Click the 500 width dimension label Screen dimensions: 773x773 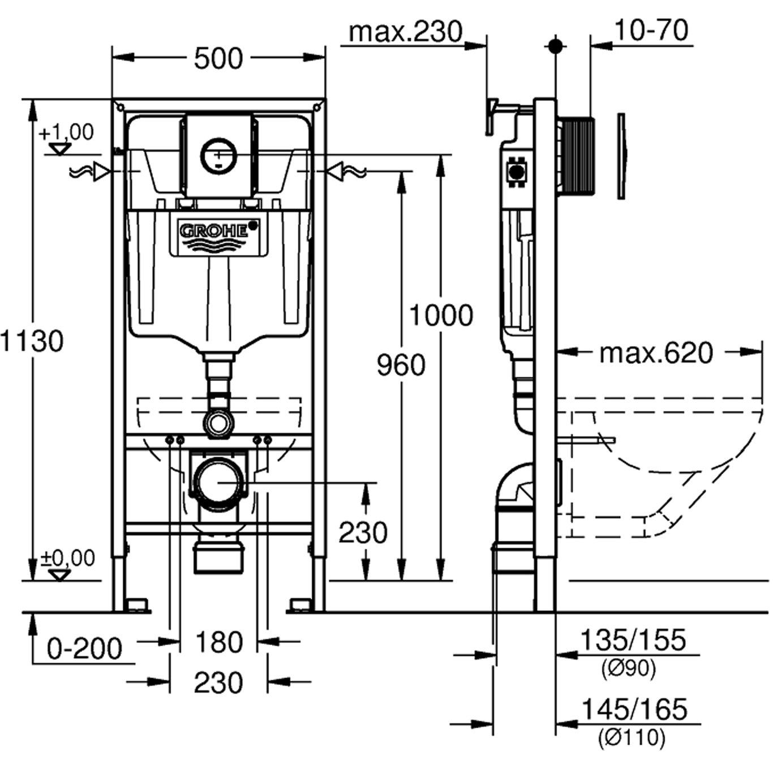(218, 58)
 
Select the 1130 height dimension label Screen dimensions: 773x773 (32, 341)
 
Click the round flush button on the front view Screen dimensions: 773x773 (218, 154)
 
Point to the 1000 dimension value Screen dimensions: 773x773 (441, 315)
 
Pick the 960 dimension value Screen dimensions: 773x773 (401, 365)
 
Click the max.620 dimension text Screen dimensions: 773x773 (656, 353)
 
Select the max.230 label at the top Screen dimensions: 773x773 (405, 32)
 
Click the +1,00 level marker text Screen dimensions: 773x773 (66, 132)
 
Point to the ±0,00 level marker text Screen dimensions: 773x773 (68, 559)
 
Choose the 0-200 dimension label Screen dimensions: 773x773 (84, 649)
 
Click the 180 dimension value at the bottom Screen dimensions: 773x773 (218, 642)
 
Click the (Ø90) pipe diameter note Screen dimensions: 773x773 (629, 669)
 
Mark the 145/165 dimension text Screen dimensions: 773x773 (634, 710)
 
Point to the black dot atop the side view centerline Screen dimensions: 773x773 (556, 46)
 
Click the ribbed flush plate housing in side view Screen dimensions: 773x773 (577, 156)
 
